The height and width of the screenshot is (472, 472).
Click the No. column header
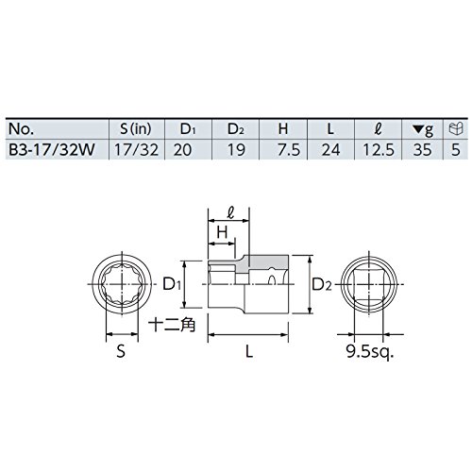coord(21,129)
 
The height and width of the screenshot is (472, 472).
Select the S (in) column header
coord(136,128)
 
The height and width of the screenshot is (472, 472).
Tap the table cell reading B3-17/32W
coord(52,149)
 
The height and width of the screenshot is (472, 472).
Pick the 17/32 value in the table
coord(136,149)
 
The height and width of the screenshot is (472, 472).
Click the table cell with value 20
coord(182,150)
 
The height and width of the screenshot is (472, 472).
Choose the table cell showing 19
coord(236,150)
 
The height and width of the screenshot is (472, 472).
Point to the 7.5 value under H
coord(289,150)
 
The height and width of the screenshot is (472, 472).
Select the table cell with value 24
coord(330,150)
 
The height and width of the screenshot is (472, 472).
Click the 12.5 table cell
coord(379,150)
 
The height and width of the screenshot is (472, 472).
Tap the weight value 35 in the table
coord(423,150)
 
